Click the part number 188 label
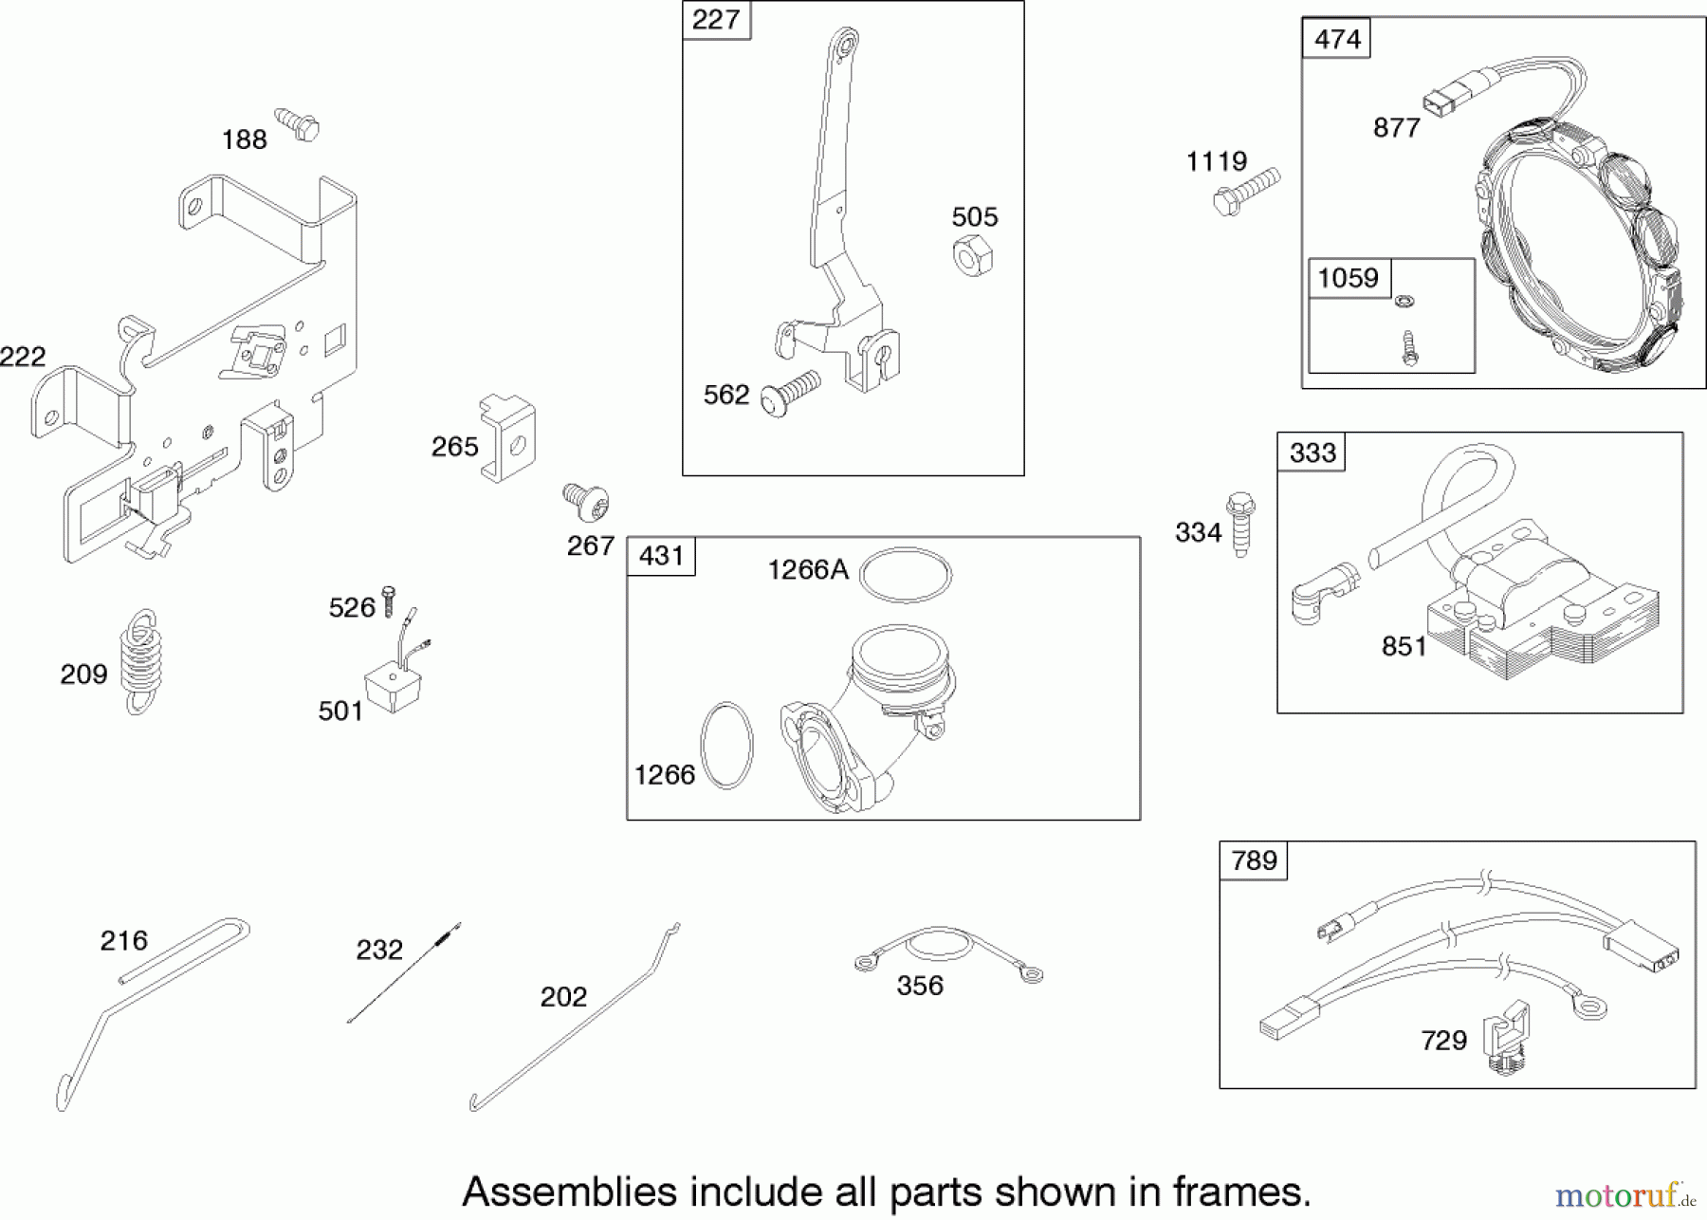[244, 140]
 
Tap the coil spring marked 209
[141, 661]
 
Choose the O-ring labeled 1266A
[907, 575]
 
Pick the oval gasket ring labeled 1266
[726, 745]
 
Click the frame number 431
[661, 556]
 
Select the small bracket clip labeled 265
[509, 437]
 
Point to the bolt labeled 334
[1240, 524]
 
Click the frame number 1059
[1349, 278]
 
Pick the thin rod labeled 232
[404, 972]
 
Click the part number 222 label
[23, 357]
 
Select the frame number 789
[1254, 860]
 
